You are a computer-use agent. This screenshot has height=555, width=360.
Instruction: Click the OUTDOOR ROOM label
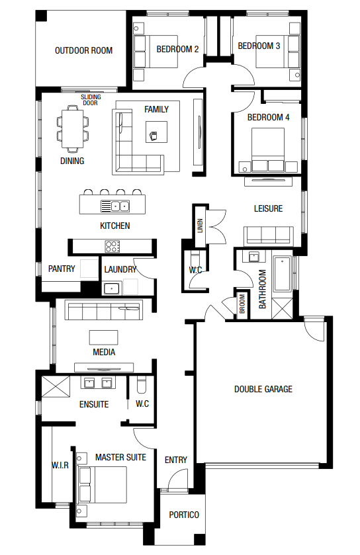coord(83,51)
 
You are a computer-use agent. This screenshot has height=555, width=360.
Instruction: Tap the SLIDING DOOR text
coord(91,100)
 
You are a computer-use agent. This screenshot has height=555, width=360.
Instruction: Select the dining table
coord(73,129)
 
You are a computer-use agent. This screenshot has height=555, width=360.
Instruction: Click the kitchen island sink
coord(115,206)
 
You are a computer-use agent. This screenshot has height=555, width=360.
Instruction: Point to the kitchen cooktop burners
coord(112,246)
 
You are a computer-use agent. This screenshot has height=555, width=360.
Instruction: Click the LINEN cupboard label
coord(201,226)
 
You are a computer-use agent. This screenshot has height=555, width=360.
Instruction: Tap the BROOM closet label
coord(242,304)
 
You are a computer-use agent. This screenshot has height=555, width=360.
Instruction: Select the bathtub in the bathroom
coord(282,274)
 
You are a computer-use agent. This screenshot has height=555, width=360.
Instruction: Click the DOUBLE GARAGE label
coord(263,390)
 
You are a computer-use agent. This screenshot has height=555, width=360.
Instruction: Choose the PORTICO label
coord(184,515)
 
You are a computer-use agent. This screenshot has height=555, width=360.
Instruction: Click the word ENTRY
coord(175,460)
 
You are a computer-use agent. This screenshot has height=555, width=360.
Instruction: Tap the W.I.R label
coord(60,465)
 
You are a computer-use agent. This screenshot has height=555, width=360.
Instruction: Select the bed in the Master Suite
coord(103,485)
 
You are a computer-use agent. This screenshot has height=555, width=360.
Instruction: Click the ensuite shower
coord(56,386)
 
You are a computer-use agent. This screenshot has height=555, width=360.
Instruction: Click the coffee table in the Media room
coord(103,337)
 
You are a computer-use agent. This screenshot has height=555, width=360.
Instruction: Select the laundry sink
coord(112,288)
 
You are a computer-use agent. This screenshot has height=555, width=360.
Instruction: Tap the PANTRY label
coord(62,269)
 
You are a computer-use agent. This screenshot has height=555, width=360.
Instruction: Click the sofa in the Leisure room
coord(268,235)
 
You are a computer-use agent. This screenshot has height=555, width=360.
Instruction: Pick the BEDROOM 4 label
coord(268,117)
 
